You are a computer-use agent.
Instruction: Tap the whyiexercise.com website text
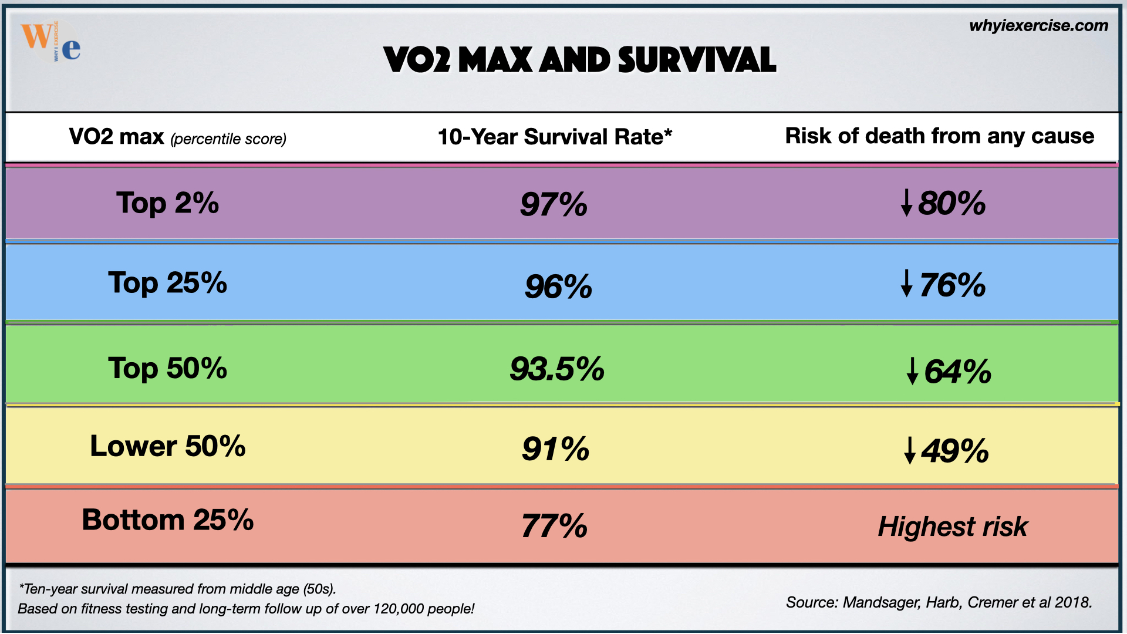1038,26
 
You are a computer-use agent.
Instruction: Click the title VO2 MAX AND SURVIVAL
579,60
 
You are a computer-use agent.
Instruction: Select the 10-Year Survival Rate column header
555,137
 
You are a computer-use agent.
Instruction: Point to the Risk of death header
939,136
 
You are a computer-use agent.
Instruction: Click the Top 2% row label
167,203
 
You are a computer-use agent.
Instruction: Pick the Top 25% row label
167,283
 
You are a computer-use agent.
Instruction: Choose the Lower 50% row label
167,446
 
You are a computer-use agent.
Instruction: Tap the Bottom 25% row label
167,520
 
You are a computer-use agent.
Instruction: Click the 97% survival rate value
554,205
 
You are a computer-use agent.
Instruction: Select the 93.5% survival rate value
557,369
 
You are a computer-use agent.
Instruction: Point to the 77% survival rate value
554,526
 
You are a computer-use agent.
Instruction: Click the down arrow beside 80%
906,203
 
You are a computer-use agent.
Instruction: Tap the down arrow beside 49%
909,450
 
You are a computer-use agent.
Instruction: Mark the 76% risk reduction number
952,286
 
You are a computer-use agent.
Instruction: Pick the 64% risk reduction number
957,372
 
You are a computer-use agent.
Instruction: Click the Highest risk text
952,527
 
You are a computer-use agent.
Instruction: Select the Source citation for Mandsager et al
939,602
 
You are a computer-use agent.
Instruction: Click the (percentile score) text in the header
228,139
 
